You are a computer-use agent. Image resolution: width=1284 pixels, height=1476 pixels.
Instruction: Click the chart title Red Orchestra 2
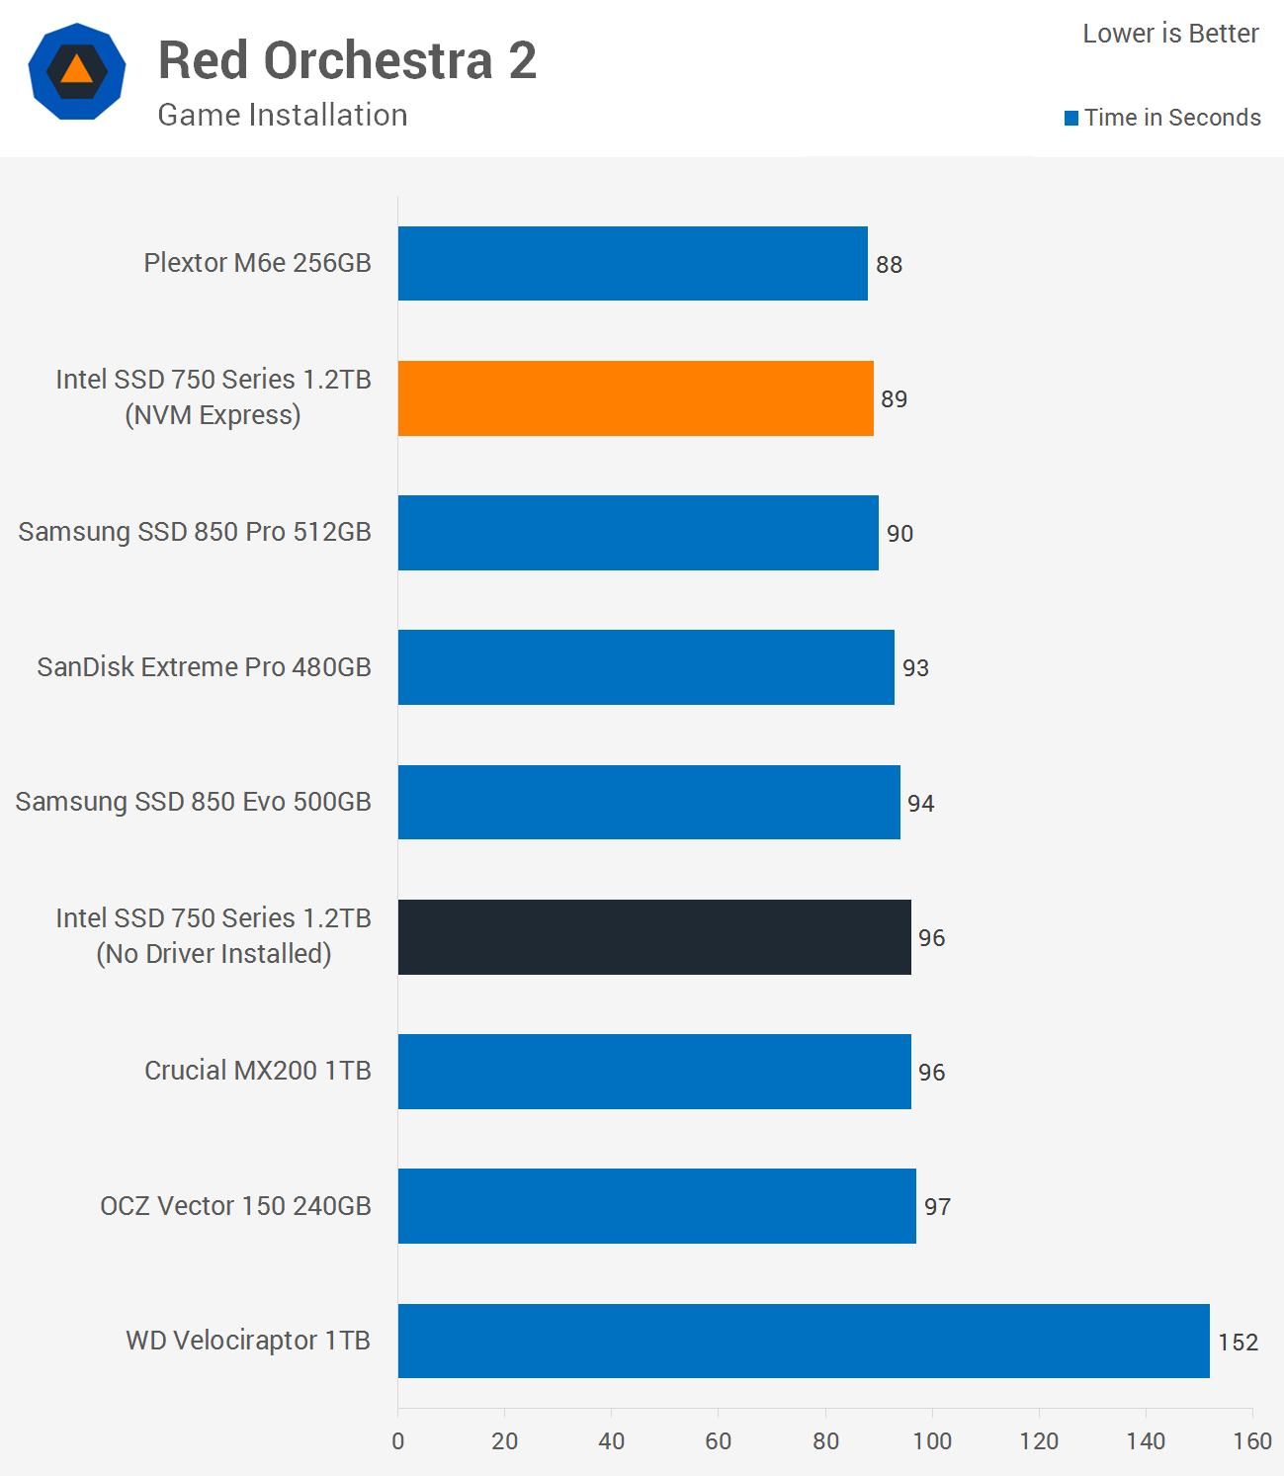click(347, 61)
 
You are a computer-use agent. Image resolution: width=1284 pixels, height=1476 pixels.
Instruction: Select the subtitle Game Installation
click(283, 116)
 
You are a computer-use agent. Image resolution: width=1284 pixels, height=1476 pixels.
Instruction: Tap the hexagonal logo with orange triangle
click(77, 71)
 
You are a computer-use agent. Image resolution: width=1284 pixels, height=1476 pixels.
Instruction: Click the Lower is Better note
click(1170, 34)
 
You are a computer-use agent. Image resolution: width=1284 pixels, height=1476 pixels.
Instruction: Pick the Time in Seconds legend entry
click(1163, 118)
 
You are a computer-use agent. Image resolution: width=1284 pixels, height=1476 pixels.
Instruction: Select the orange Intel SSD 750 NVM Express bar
click(636, 398)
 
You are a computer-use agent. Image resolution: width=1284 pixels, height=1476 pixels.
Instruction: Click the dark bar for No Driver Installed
click(654, 937)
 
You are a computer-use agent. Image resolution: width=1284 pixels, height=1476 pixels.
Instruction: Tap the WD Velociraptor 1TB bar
click(804, 1341)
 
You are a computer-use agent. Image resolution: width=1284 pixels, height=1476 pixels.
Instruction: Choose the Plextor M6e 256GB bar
click(633, 264)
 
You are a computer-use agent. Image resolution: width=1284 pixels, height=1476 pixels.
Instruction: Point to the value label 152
click(1238, 1343)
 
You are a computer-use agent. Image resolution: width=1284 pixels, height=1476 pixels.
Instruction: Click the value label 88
click(889, 265)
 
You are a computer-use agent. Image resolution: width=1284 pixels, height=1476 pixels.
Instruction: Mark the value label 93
click(915, 668)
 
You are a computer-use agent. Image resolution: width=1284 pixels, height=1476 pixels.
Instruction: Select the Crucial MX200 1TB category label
click(258, 1071)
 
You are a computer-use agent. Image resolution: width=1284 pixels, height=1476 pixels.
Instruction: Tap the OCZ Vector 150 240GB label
click(235, 1206)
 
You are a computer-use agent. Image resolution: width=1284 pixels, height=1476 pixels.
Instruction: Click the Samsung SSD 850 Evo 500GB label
click(194, 802)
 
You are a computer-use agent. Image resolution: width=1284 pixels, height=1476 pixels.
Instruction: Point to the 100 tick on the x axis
click(932, 1441)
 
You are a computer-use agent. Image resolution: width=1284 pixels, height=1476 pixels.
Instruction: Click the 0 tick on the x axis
click(398, 1441)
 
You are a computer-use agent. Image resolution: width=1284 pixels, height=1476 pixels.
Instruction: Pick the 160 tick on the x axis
click(1251, 1441)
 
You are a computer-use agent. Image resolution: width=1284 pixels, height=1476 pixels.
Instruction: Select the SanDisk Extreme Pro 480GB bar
click(646, 667)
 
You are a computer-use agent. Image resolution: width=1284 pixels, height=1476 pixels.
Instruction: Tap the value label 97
click(937, 1207)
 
